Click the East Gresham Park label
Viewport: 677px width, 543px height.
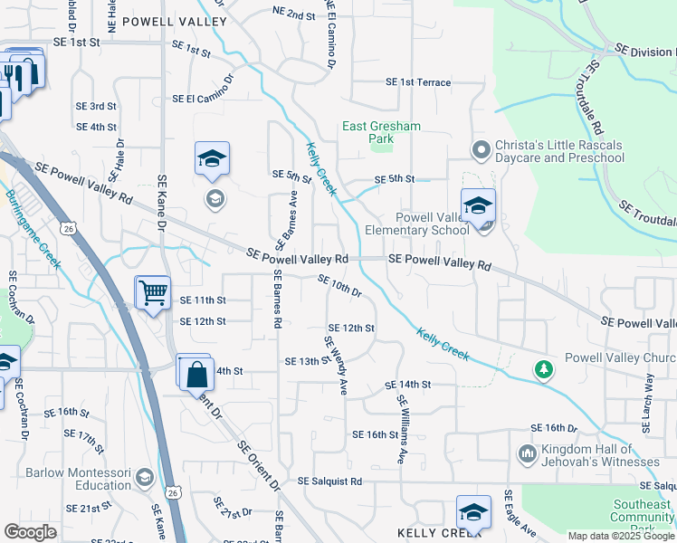tap(381, 133)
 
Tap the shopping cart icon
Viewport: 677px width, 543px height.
tap(152, 292)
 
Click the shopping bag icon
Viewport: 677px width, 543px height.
tap(195, 371)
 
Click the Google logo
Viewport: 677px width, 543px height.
tap(31, 532)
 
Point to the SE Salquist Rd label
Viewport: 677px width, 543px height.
tap(329, 481)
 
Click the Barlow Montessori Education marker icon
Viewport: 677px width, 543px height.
tap(144, 476)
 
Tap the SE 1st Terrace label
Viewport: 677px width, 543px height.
tap(418, 82)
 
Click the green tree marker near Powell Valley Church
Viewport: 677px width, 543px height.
tap(543, 368)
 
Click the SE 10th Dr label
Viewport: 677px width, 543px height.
tap(340, 286)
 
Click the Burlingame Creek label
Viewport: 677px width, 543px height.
tap(33, 230)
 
